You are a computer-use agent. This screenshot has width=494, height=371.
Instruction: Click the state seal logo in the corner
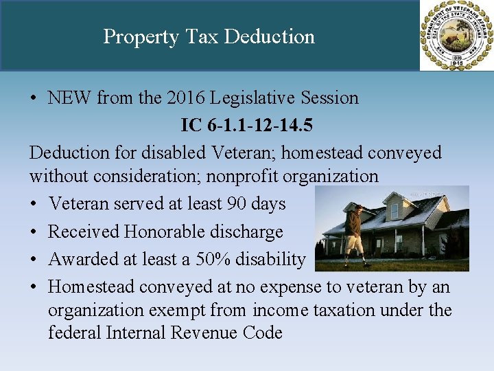[x=456, y=35]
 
